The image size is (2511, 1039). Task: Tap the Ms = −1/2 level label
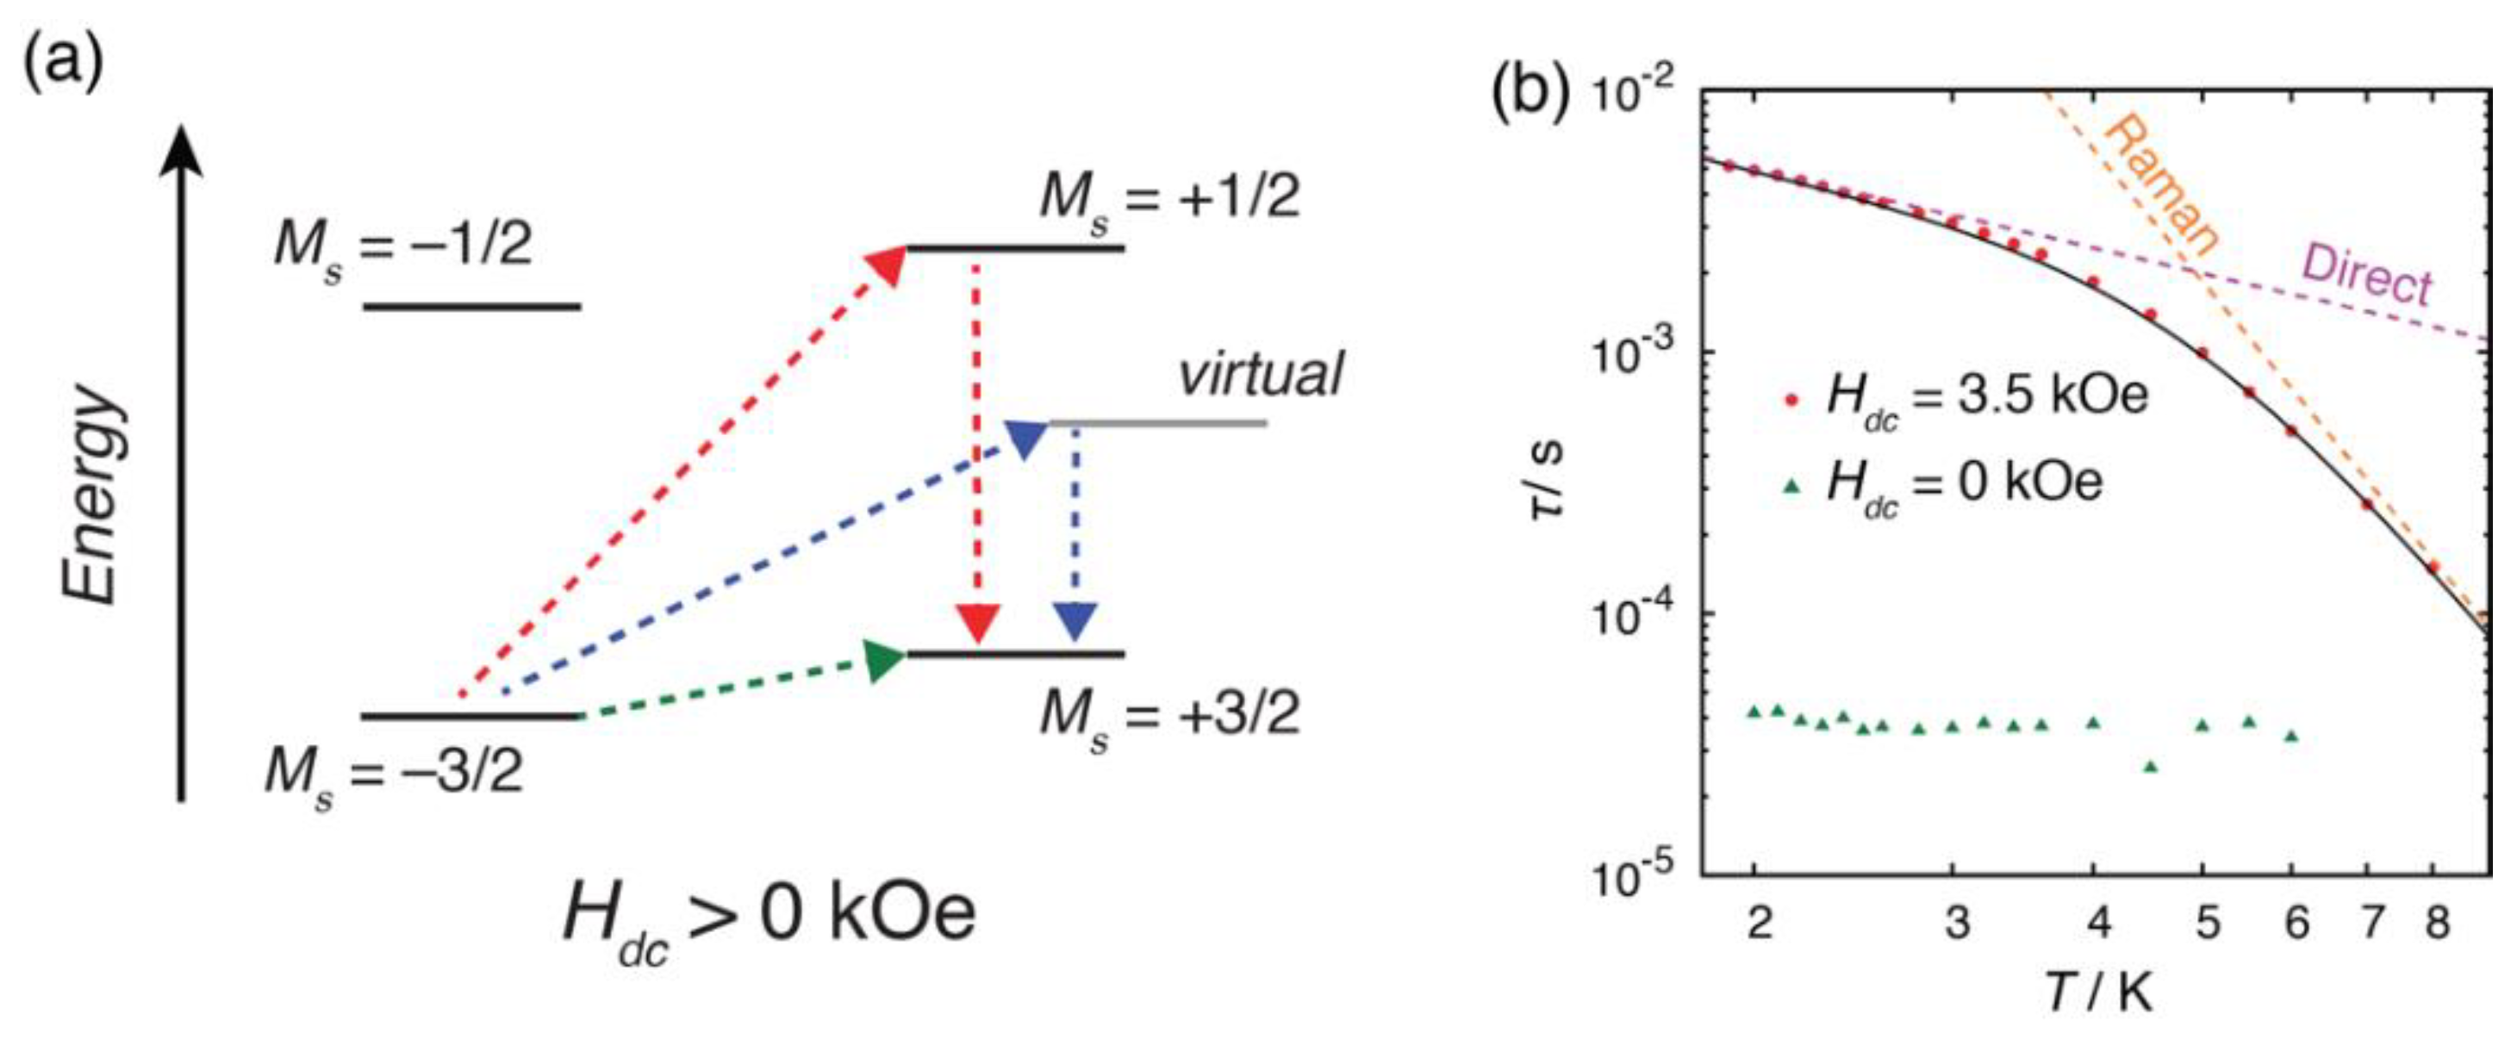tap(403, 245)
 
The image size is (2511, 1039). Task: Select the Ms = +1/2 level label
tap(1169, 198)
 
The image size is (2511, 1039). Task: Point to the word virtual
tap(1261, 374)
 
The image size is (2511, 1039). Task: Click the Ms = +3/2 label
tap(1169, 717)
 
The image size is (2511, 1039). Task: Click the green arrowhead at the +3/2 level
tap(885, 661)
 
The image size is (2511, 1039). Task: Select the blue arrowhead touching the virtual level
tap(1025, 439)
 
